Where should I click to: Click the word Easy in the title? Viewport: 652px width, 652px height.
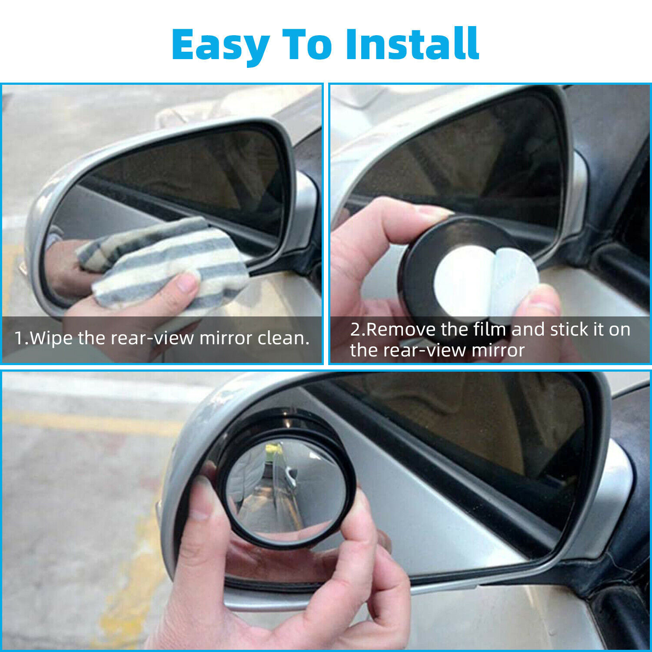point(220,45)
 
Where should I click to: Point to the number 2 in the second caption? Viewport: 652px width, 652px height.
point(356,329)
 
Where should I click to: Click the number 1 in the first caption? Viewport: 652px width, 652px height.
point(19,338)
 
